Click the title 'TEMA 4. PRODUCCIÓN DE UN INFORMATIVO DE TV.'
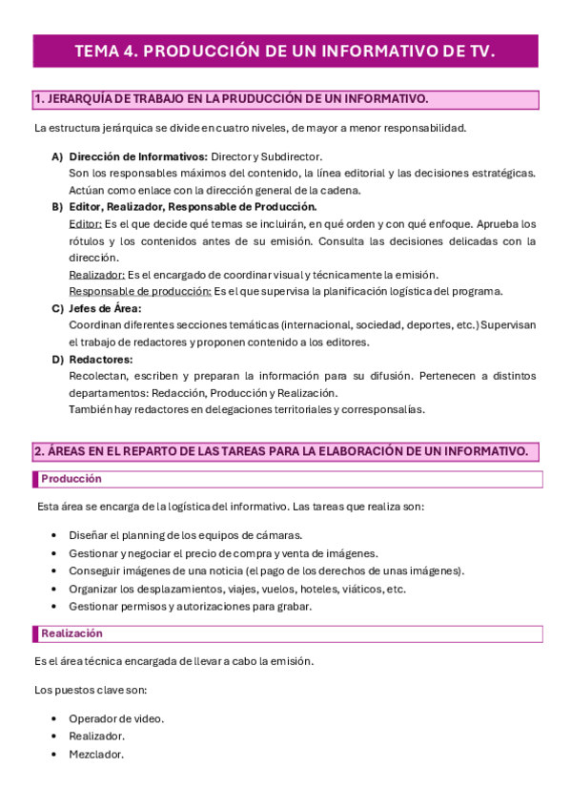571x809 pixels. pyautogui.click(x=285, y=52)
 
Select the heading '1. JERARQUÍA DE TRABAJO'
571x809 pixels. pyautogui.click(x=231, y=99)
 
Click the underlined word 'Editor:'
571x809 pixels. pyautogui.click(x=86, y=223)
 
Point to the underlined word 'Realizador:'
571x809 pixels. pyautogui.click(x=97, y=275)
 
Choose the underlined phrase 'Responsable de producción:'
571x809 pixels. pyautogui.click(x=140, y=291)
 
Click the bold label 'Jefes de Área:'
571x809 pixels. pyautogui.click(x=105, y=308)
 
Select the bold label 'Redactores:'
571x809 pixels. pyautogui.click(x=101, y=360)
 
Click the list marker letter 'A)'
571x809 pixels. pyautogui.click(x=57, y=156)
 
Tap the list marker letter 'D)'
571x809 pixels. pyautogui.click(x=57, y=360)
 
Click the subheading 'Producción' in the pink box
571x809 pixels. pyautogui.click(x=71, y=479)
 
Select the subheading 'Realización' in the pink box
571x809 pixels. pyautogui.click(x=72, y=633)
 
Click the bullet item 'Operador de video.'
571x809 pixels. pyautogui.click(x=116, y=718)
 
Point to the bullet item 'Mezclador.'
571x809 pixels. pyautogui.click(x=96, y=754)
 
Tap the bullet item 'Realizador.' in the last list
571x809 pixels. pyautogui.click(x=97, y=736)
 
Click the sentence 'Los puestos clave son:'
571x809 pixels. pyautogui.click(x=91, y=690)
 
